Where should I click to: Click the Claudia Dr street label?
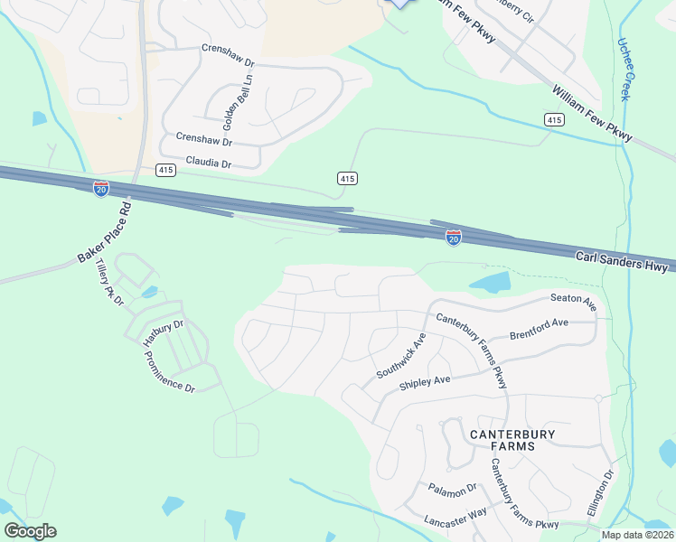[x=209, y=164]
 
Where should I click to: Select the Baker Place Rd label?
[x=105, y=232]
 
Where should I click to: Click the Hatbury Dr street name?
[x=164, y=332]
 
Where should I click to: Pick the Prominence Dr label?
[x=169, y=371]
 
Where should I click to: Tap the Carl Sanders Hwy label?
[x=622, y=263]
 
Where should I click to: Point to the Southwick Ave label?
[x=401, y=356]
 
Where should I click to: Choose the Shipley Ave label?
[x=425, y=383]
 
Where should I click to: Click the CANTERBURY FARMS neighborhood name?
[x=513, y=440]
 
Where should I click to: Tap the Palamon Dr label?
[x=453, y=491]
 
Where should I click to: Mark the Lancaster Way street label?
[x=455, y=517]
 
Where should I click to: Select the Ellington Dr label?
[x=601, y=491]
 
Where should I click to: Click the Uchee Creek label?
[x=624, y=69]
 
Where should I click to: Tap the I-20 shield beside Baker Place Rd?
[x=101, y=189]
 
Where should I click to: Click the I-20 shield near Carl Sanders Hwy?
[x=454, y=237]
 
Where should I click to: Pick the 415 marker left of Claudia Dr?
[x=165, y=170]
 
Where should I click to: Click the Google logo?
[x=30, y=531]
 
